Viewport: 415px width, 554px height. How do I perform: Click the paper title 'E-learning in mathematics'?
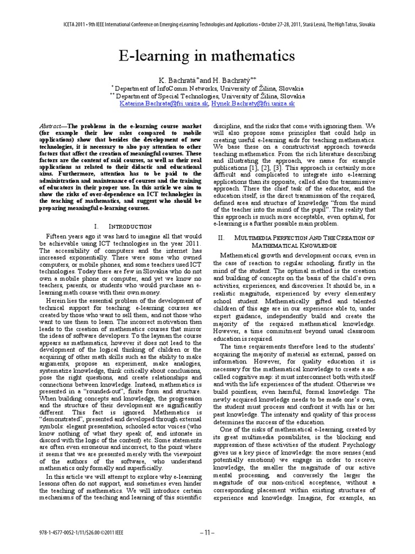point(207,56)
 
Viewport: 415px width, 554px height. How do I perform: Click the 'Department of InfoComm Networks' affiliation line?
point(207,88)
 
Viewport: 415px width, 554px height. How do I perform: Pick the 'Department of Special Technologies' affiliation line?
point(207,95)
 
